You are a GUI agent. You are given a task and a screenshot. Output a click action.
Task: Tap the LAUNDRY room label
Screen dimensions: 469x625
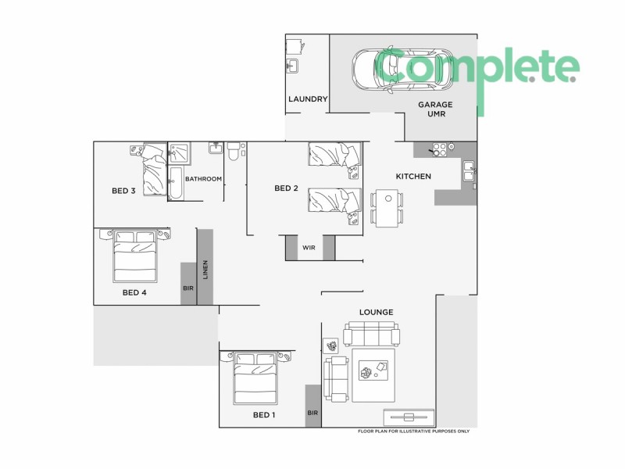[307, 99]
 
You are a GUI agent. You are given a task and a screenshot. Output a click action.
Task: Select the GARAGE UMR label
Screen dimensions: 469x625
[435, 109]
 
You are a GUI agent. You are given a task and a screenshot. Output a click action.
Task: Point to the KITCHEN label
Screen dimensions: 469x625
[413, 177]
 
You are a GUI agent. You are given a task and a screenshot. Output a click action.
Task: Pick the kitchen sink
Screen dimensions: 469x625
[469, 171]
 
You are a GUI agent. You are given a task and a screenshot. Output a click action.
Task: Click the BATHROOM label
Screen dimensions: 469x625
[204, 179]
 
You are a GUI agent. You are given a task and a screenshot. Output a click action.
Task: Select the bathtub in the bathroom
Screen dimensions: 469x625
[175, 183]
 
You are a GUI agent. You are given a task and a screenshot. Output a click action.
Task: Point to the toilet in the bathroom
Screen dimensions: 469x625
[234, 152]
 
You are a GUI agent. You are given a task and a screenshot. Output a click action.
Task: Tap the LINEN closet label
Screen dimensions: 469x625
[205, 269]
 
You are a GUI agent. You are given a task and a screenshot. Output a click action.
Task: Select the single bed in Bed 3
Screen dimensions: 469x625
[153, 165]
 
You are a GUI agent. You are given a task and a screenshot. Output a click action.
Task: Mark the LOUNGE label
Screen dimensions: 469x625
[376, 312]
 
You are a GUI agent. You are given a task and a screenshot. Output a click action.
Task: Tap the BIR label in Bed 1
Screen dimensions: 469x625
[312, 413]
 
